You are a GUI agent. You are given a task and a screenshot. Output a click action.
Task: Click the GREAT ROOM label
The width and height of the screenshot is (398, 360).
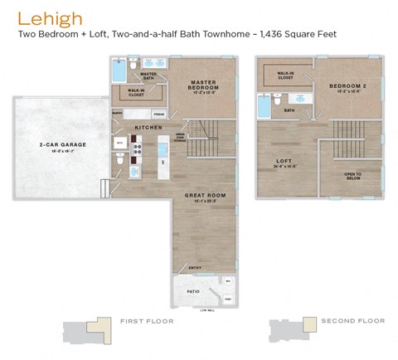point(200,196)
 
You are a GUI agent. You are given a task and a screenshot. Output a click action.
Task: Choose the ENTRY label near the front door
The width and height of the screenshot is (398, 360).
point(195,268)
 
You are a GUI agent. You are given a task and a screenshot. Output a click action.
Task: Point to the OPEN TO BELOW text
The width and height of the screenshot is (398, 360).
point(352,175)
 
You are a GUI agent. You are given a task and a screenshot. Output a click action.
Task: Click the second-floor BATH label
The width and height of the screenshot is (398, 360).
point(289,109)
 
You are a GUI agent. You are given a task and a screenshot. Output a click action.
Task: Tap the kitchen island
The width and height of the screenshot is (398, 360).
point(163,158)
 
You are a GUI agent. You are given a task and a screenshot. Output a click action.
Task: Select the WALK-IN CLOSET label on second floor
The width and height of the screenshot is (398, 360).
point(285,75)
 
